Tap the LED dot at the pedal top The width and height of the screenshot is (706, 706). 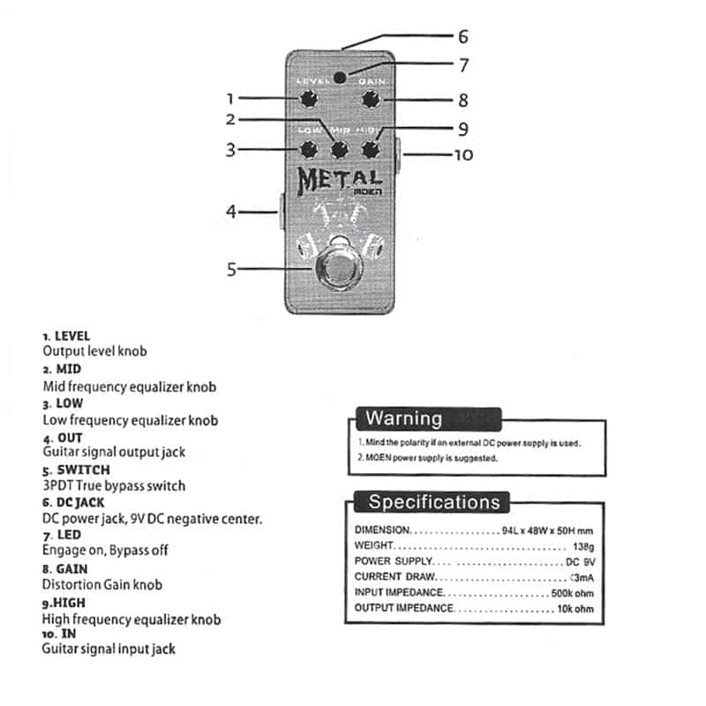tap(352, 76)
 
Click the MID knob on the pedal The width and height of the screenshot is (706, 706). tap(340, 148)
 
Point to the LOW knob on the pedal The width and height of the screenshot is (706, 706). tap(309, 148)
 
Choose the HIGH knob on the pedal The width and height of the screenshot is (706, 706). tap(370, 148)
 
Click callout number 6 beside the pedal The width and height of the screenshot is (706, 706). tap(462, 37)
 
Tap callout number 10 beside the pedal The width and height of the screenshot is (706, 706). tap(463, 155)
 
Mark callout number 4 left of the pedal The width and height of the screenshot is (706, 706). tap(231, 212)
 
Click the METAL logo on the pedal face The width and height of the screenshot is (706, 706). tap(340, 178)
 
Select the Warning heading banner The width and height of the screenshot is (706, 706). tap(404, 418)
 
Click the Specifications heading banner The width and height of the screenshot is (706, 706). tap(433, 503)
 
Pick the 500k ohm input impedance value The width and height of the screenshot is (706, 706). tap(572, 593)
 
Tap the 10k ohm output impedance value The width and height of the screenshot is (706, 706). tap(575, 609)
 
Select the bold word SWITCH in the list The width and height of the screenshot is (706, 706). tap(82, 470)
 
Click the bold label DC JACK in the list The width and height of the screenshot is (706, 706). tap(79, 503)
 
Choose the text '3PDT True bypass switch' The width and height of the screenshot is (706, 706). tap(114, 485)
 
